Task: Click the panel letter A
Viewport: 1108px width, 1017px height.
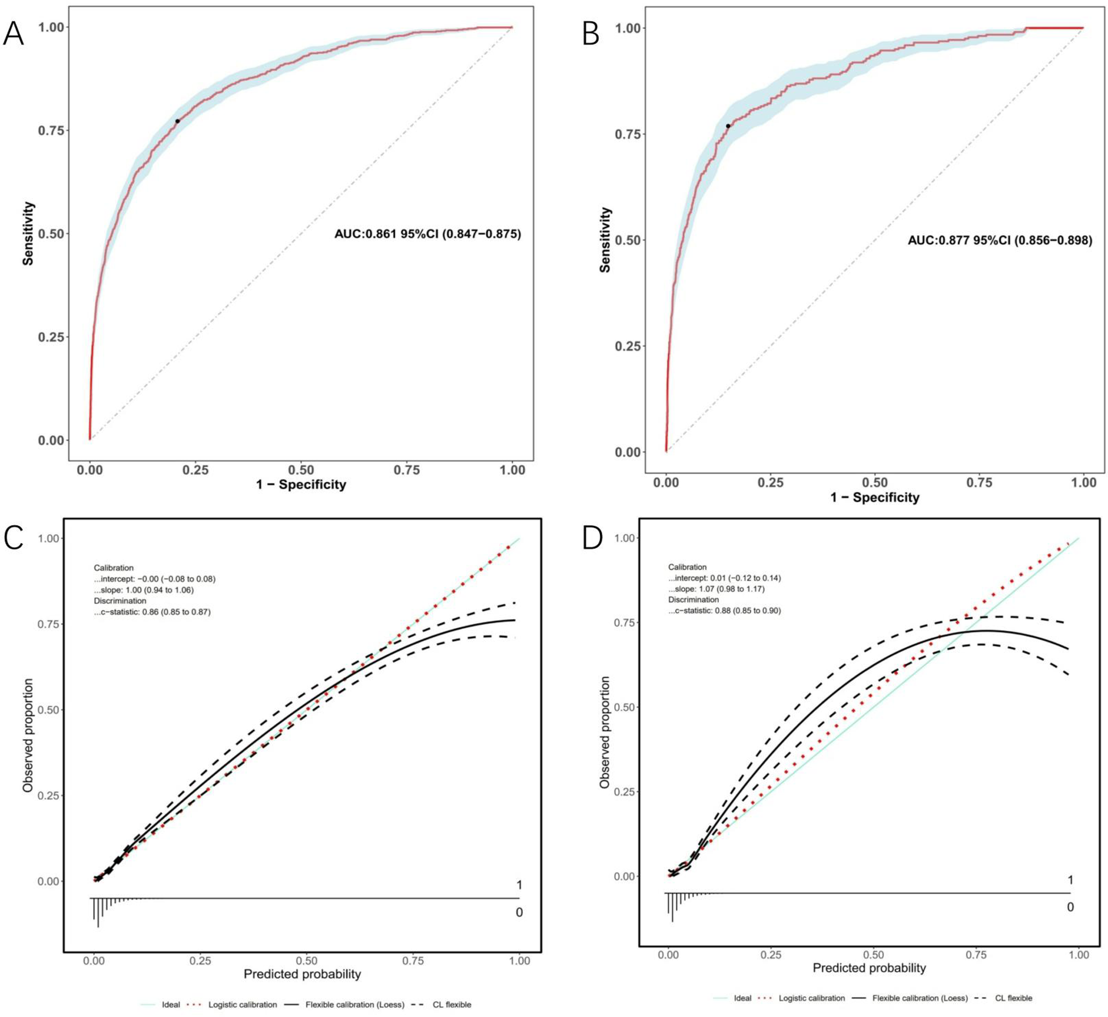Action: (x=14, y=34)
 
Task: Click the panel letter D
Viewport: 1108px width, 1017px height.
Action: (x=592, y=537)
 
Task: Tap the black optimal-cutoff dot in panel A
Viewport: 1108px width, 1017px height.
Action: (x=177, y=121)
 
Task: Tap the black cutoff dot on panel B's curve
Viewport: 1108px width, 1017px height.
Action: (x=728, y=126)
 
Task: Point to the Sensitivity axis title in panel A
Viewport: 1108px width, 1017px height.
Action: (x=28, y=234)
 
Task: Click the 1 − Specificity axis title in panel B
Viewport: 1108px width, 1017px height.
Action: (x=874, y=498)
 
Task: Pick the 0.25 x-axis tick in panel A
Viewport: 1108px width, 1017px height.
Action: (x=195, y=470)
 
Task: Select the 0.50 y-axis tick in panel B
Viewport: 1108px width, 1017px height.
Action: (x=628, y=240)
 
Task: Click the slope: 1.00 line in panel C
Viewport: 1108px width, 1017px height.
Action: (x=143, y=590)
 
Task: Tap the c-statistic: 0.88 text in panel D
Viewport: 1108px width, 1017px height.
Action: (x=724, y=610)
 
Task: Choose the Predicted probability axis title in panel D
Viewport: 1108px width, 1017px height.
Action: (x=869, y=968)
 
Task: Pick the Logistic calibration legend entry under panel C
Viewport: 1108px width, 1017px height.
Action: (x=242, y=1005)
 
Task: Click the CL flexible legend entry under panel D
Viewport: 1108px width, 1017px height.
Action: (x=1013, y=998)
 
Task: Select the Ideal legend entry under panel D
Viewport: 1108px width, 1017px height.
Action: (x=742, y=998)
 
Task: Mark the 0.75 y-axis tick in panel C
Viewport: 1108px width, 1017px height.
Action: (x=49, y=624)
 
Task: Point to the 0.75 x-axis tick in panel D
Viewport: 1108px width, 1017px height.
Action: (x=976, y=955)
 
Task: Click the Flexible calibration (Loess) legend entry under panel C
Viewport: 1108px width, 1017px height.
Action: (x=355, y=1005)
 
